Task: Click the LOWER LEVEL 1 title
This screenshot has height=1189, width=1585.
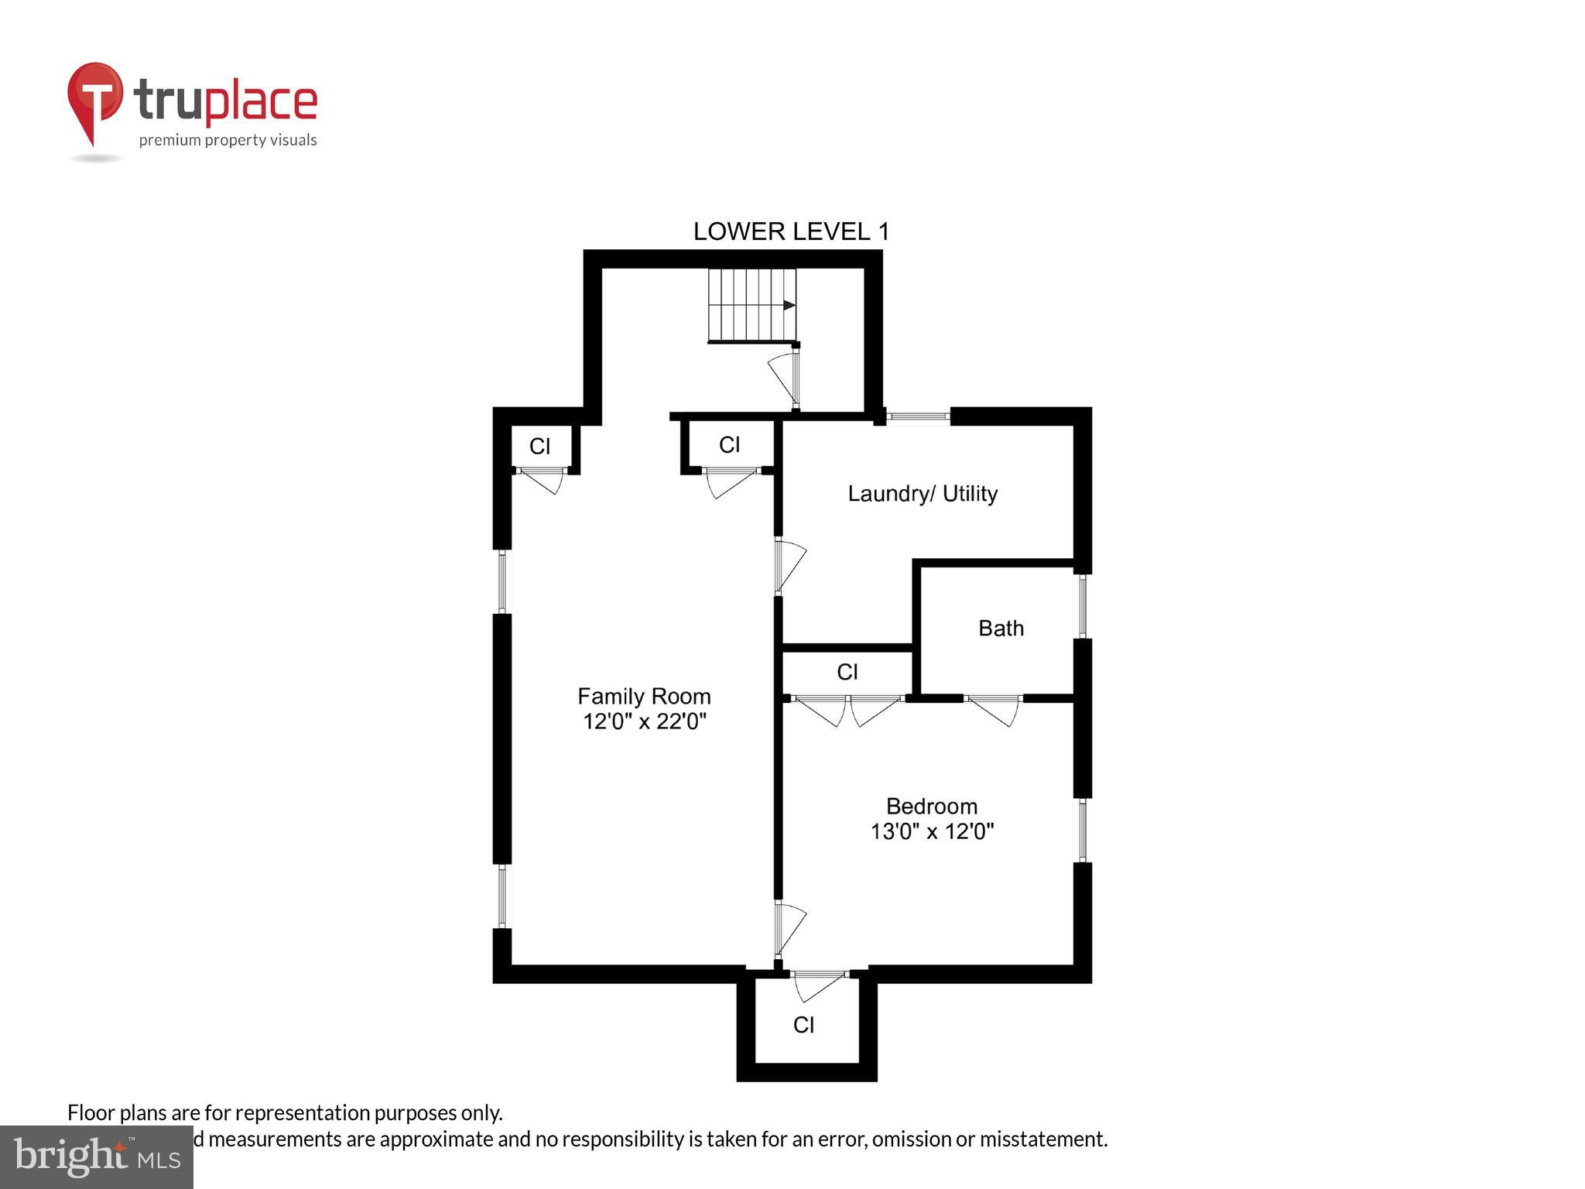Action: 791,231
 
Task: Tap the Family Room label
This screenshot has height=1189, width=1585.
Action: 644,696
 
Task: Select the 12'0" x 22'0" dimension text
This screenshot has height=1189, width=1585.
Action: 644,721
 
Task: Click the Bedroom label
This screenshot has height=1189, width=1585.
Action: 931,807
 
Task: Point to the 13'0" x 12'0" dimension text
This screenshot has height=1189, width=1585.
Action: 931,831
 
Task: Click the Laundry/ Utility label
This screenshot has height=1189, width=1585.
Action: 922,494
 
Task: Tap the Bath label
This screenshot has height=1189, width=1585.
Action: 1001,628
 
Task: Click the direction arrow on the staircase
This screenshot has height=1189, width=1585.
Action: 788,305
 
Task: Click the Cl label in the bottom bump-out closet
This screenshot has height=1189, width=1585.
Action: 803,1025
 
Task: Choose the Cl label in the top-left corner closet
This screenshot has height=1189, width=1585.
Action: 539,447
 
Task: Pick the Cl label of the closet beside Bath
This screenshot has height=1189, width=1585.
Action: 847,672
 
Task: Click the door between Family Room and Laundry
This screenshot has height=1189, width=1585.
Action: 789,564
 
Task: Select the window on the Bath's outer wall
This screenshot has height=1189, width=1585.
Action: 1082,605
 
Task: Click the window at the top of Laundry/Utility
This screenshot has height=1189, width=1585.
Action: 918,416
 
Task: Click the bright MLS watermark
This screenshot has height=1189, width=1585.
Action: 97,1156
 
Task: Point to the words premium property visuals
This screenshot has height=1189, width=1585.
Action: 228,140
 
